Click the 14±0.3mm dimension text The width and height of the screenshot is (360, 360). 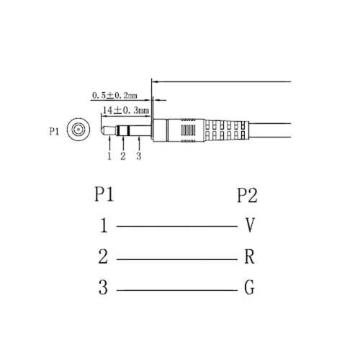127,111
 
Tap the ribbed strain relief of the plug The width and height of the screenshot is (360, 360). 227,132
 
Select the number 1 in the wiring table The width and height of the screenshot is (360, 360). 104,226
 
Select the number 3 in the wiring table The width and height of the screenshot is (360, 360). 104,289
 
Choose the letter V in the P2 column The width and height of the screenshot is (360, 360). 249,226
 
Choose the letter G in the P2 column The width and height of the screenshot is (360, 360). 249,289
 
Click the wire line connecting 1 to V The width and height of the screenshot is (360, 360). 176,227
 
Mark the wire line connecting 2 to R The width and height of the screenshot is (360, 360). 176,258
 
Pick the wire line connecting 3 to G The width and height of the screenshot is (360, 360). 176,290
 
